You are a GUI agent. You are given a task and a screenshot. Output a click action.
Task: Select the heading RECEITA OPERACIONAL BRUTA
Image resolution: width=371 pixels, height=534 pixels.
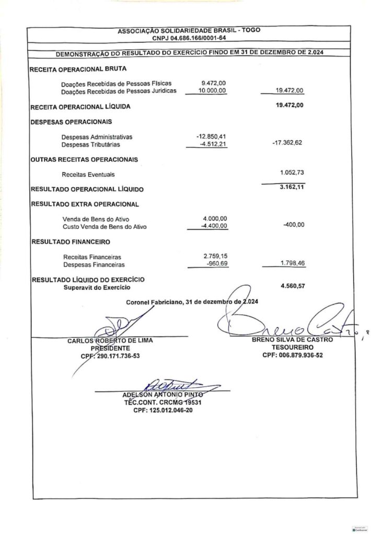tap(78, 69)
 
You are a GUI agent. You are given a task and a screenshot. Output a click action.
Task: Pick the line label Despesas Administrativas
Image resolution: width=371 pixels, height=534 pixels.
tap(97, 137)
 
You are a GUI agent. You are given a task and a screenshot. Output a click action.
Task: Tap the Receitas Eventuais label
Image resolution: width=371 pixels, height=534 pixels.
tap(88, 175)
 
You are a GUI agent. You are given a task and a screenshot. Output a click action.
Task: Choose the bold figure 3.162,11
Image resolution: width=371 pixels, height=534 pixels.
tap(292, 188)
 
